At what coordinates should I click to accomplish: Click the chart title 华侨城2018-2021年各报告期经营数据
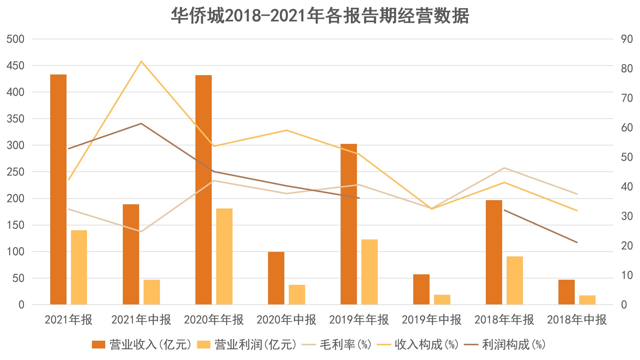320,16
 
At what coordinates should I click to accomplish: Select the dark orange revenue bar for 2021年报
59,189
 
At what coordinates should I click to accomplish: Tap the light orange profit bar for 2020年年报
224,256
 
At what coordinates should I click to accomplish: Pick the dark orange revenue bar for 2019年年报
349,224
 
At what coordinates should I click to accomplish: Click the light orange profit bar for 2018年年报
515,280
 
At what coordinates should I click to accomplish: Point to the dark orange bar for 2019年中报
421,289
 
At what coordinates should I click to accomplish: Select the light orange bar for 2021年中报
152,292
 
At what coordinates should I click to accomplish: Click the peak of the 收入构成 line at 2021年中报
141,61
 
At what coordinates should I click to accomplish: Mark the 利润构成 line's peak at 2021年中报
141,123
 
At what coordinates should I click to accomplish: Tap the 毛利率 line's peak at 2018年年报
504,168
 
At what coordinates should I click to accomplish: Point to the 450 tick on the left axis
16,66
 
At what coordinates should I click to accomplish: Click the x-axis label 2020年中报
286,320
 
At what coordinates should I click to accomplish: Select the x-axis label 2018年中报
577,320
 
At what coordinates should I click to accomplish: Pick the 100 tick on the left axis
16,252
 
